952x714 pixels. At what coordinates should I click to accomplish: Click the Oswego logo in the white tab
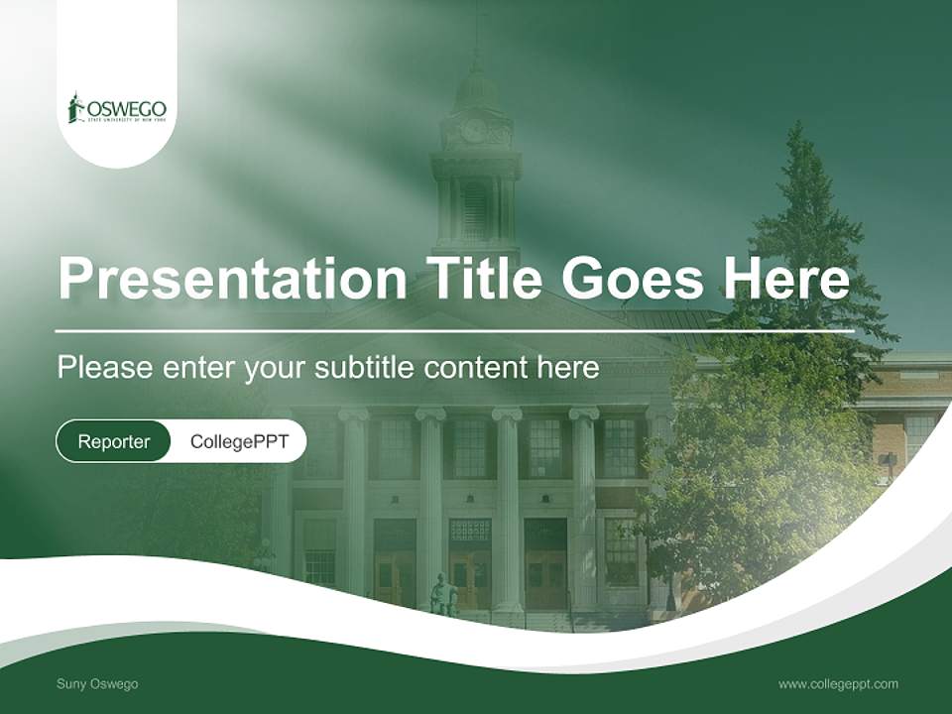click(x=117, y=108)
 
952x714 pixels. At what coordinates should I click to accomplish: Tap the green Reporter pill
click(x=114, y=441)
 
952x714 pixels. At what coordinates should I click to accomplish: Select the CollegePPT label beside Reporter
click(x=239, y=441)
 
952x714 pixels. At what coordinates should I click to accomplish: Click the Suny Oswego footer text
click(x=97, y=684)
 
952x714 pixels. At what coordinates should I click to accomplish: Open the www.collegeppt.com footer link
click(x=838, y=683)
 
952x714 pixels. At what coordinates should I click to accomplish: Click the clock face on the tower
click(x=474, y=130)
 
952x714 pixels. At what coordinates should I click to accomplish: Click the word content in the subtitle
click(x=479, y=368)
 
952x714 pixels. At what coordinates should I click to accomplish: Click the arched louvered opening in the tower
click(x=475, y=208)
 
